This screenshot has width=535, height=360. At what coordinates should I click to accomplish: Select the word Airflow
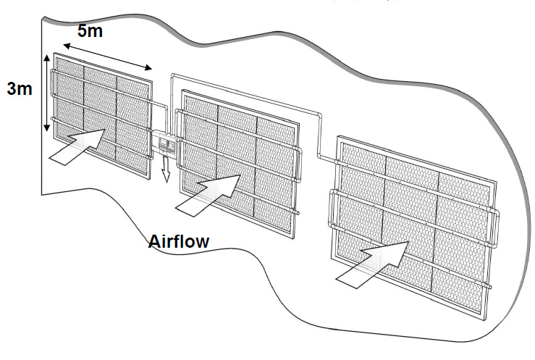(179, 241)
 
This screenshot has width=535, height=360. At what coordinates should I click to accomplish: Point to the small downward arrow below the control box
(165, 171)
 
